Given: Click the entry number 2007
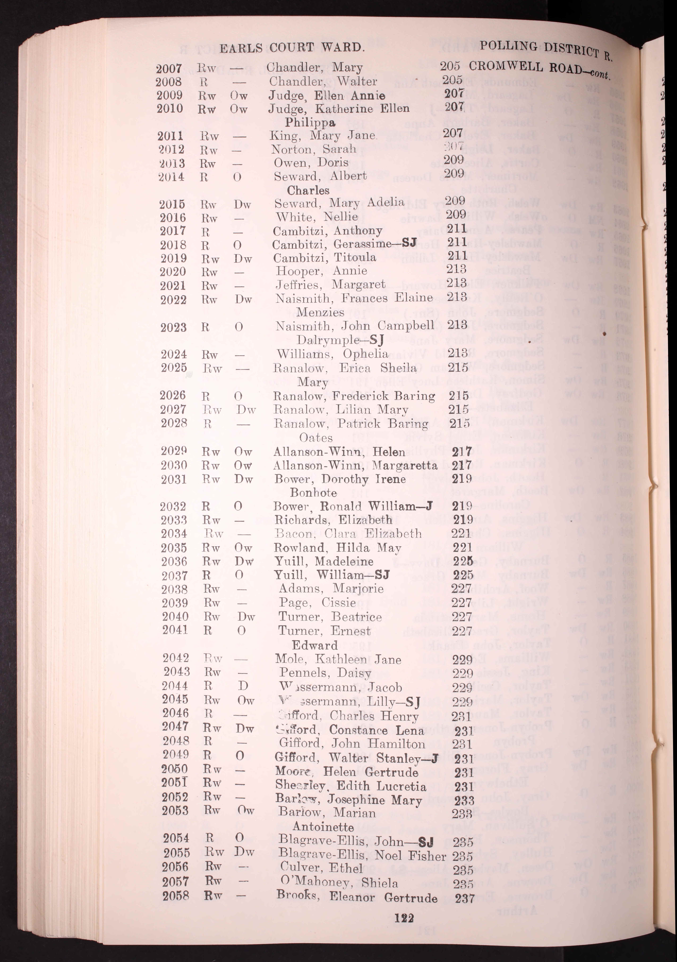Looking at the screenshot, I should pyautogui.click(x=169, y=68).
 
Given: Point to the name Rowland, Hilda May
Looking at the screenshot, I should pyautogui.click(x=337, y=548).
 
